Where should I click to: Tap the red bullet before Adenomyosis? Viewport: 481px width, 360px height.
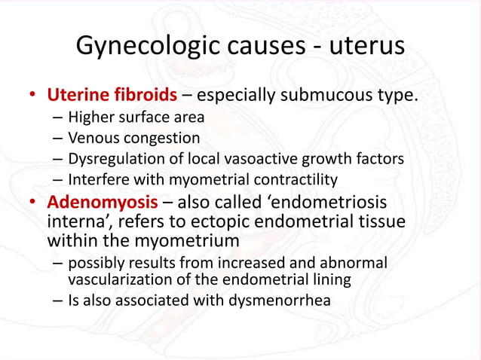click(32, 204)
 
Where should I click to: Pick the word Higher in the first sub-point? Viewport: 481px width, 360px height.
click(90, 118)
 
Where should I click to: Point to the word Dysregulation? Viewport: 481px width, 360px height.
click(114, 159)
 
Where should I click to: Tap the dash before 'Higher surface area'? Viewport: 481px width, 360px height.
click(58, 119)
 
